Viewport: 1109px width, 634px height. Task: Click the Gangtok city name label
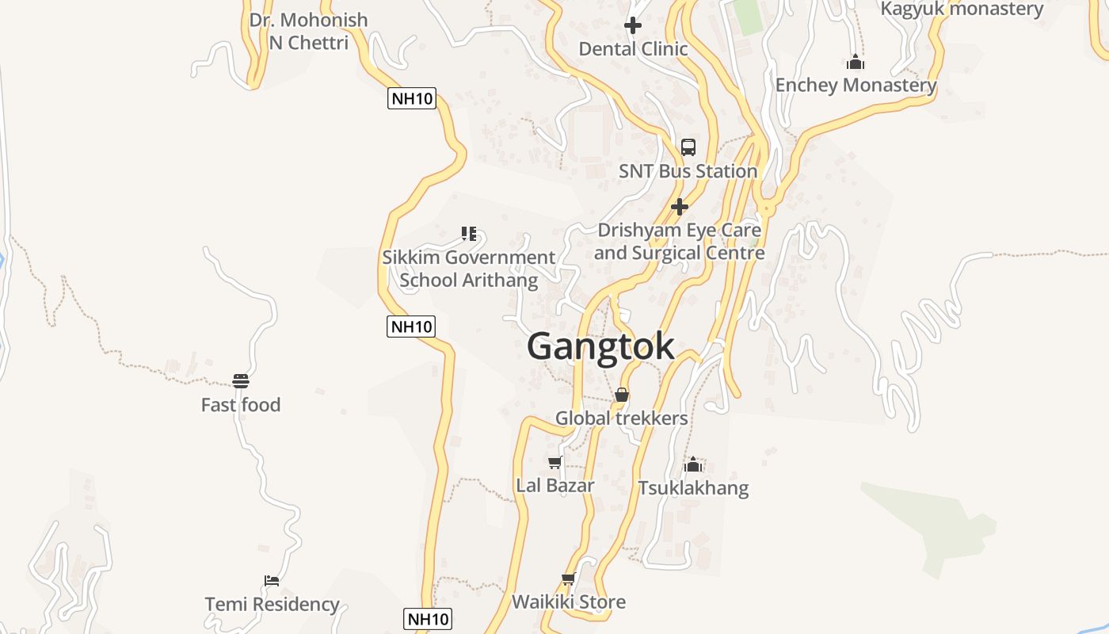click(600, 346)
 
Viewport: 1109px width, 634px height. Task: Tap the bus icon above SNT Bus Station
click(688, 147)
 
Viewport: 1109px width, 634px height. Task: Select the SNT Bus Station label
click(688, 171)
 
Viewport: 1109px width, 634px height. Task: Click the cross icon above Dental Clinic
click(633, 25)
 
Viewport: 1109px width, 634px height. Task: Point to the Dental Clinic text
click(633, 49)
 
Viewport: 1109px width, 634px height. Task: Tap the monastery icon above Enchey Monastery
click(856, 62)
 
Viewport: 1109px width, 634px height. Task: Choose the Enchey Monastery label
click(856, 85)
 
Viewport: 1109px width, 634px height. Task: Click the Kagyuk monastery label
click(962, 10)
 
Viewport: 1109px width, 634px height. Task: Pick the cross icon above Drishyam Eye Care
click(679, 207)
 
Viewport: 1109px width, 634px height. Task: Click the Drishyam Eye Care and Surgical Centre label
click(679, 242)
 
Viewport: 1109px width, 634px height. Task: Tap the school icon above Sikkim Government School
click(469, 234)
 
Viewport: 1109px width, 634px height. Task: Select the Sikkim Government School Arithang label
click(468, 269)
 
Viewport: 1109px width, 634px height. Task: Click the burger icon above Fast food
click(241, 381)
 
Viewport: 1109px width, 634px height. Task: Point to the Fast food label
click(241, 405)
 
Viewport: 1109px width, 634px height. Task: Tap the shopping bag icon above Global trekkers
click(622, 395)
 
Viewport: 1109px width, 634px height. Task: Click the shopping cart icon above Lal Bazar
click(555, 462)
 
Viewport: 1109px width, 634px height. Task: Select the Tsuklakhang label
click(693, 487)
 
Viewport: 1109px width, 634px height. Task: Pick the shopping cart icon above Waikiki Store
click(568, 579)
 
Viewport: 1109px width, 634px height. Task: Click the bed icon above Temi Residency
click(272, 581)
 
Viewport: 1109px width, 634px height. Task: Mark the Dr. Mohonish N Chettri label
click(308, 31)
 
